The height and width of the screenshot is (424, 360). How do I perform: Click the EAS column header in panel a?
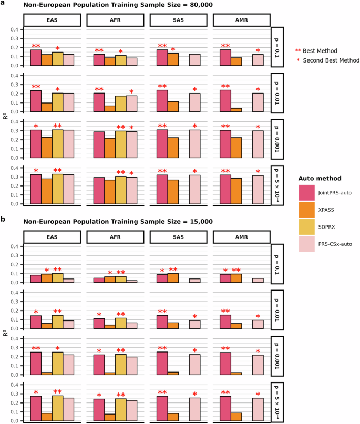[x=52, y=20]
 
